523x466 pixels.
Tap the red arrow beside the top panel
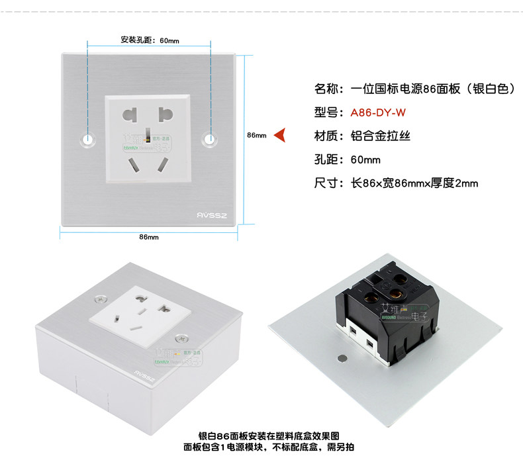tap(279, 135)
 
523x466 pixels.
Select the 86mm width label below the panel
tap(148, 237)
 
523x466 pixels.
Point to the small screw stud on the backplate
tap(342, 359)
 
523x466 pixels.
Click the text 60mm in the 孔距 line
tap(365, 160)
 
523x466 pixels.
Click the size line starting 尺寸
tap(396, 183)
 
